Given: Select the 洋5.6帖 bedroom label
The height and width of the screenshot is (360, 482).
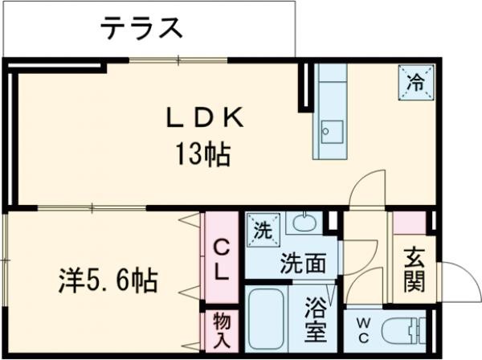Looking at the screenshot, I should coord(107,281).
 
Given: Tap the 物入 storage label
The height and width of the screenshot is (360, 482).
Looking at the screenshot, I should coord(221,329).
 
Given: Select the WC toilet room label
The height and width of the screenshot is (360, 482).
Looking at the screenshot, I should coord(361,331).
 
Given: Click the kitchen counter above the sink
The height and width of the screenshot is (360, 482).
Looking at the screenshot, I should coord(330,89).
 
